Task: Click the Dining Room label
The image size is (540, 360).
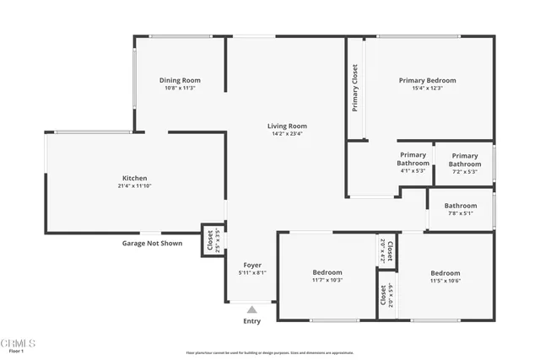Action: click(x=181, y=81)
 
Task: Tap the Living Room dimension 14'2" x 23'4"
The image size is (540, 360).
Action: click(x=287, y=133)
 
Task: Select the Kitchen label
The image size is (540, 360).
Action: click(x=135, y=178)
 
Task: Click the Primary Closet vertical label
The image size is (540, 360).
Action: click(x=355, y=89)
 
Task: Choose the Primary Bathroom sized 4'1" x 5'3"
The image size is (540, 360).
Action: click(x=413, y=159)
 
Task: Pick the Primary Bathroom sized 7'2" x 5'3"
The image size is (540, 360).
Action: click(x=464, y=160)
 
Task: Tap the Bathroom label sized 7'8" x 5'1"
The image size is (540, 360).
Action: click(x=461, y=206)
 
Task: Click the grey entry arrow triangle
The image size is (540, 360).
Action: click(x=251, y=309)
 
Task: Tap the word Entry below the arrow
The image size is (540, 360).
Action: click(x=251, y=321)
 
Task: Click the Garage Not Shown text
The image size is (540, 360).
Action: click(x=153, y=243)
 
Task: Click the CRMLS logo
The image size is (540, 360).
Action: click(x=19, y=343)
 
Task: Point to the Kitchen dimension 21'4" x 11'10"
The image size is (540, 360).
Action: click(x=135, y=185)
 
